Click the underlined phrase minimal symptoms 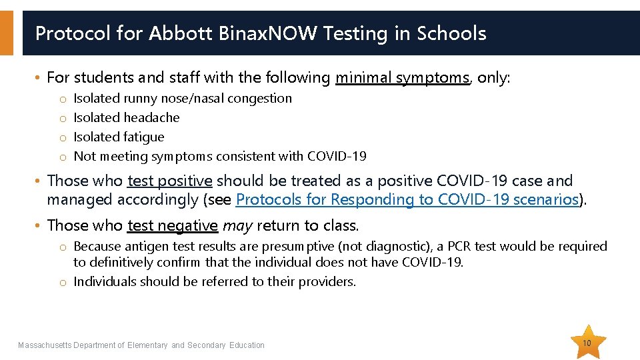[402, 77]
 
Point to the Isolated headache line [127, 117]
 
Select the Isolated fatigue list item [119, 137]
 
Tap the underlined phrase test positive [169, 181]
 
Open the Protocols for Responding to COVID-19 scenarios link [407, 199]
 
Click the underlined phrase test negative [172, 225]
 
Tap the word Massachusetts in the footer [44, 345]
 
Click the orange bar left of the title [6, 33]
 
